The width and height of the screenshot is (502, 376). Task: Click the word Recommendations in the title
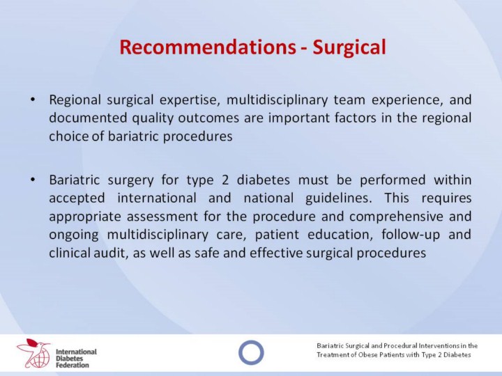point(208,47)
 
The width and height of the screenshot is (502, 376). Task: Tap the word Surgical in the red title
point(349,47)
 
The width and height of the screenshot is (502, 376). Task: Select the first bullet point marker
point(32,100)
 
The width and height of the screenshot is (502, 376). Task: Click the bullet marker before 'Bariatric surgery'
point(32,180)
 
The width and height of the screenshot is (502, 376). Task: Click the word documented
point(88,118)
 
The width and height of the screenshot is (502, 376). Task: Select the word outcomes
point(208,118)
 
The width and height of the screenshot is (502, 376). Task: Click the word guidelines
point(339,198)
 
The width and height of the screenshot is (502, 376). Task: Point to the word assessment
point(162,217)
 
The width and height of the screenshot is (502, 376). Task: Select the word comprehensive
point(396,217)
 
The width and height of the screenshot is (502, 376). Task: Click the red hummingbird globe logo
point(33,352)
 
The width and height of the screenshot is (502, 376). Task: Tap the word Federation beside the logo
point(73,365)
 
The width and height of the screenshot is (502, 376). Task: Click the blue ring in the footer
point(251,352)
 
